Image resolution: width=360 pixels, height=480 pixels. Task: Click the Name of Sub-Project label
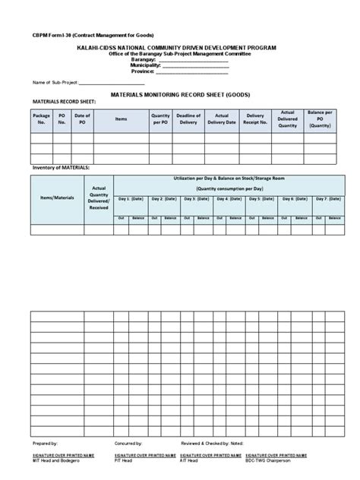[49, 82]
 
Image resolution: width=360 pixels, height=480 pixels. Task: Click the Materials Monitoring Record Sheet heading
[180, 96]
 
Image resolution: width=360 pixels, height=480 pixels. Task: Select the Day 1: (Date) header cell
[131, 198]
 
